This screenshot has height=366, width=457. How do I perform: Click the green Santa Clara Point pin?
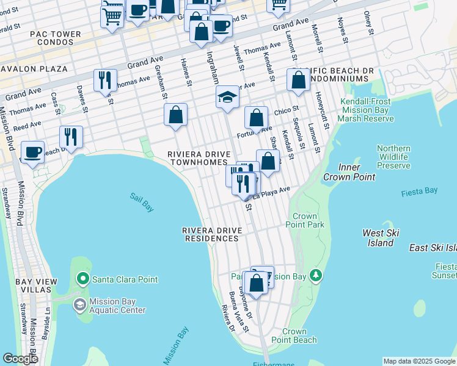click(83, 279)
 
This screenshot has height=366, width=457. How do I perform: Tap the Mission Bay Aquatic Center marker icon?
click(79, 304)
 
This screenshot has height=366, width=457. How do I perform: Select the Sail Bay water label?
click(142, 202)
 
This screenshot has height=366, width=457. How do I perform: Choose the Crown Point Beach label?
click(294, 335)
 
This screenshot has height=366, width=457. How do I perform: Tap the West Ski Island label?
click(381, 238)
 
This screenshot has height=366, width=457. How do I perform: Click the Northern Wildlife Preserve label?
click(393, 157)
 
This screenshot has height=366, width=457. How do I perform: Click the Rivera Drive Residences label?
click(212, 234)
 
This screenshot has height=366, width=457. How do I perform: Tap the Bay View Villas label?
click(33, 285)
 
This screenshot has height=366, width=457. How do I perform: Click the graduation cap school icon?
click(227, 97)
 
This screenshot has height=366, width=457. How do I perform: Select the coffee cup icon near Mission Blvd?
click(32, 151)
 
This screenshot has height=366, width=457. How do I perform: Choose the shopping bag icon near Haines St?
click(175, 114)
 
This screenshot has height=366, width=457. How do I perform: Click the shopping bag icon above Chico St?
click(298, 79)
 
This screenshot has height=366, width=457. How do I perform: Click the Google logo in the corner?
click(20, 359)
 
